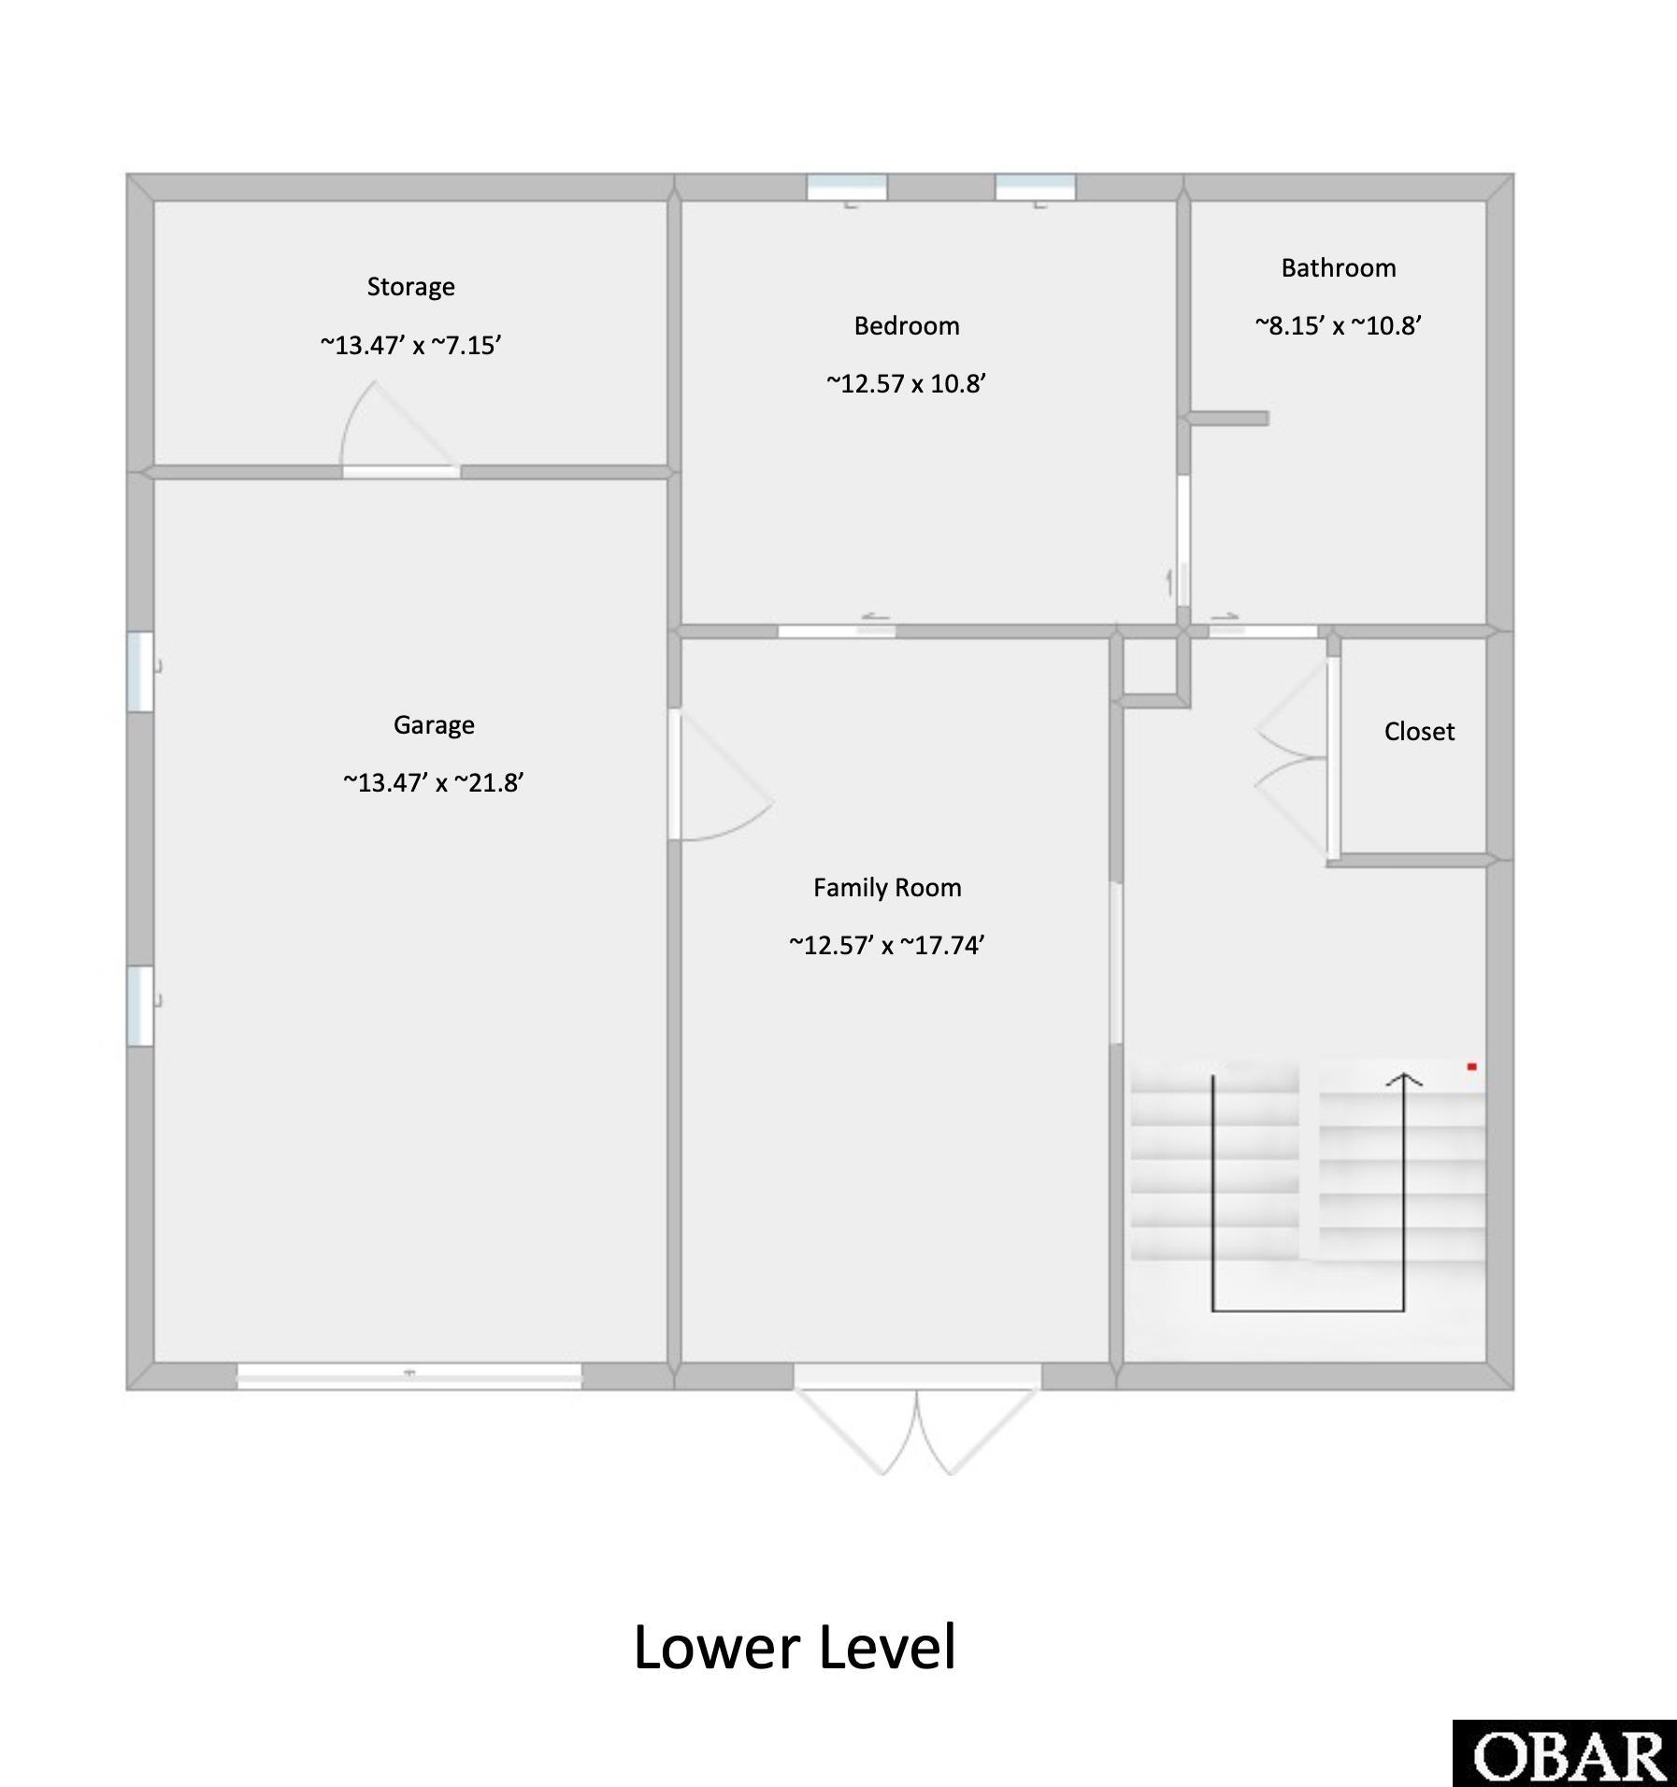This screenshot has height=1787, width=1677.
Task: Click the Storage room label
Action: tap(410, 287)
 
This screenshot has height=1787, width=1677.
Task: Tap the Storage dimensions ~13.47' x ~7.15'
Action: tap(410, 346)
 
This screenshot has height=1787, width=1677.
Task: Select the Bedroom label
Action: tap(906, 326)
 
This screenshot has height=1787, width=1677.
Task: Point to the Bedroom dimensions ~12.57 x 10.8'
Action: tap(906, 384)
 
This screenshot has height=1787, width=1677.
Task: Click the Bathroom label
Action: tap(1338, 268)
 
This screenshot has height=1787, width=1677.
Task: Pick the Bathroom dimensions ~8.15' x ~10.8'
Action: tap(1338, 326)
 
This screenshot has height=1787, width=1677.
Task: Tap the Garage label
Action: tap(434, 725)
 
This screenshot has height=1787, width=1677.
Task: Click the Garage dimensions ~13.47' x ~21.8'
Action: tap(434, 783)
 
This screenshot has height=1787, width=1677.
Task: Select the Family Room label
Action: tap(887, 888)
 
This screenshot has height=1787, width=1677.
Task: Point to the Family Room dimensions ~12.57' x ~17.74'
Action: tap(887, 946)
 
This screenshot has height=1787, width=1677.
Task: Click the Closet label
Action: tap(1419, 732)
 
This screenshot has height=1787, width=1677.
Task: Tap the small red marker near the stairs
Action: tap(1471, 1066)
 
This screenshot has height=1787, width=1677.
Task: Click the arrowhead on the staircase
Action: tap(1403, 1080)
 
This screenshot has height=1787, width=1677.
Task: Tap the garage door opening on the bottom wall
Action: tap(408, 1375)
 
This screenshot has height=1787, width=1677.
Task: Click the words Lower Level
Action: tap(795, 1648)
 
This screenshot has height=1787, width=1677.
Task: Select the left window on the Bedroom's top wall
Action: tap(847, 188)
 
